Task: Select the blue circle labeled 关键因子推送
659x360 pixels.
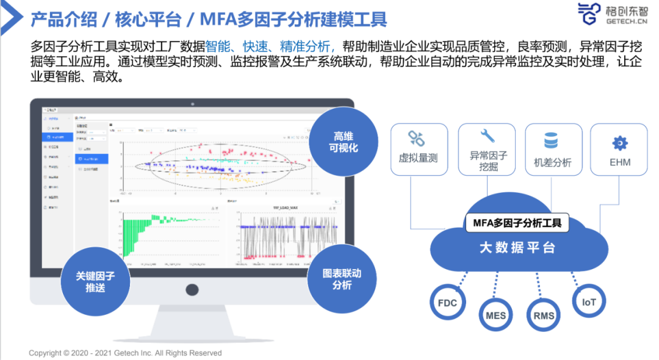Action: click(95, 281)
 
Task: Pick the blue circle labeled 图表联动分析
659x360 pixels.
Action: click(341, 279)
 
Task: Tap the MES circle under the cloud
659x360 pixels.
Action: click(495, 316)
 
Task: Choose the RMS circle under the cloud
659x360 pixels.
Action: click(544, 316)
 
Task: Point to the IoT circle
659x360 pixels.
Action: click(589, 301)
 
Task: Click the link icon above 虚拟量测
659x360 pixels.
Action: click(417, 139)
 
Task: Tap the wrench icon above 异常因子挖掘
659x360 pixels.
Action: click(488, 135)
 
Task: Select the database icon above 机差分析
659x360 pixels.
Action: click(551, 142)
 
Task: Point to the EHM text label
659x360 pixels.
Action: click(619, 163)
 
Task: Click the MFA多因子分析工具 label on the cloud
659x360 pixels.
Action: click(517, 223)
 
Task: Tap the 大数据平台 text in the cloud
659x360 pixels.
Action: click(517, 248)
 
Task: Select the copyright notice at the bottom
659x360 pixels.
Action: click(125, 353)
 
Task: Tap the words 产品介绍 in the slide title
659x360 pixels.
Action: click(63, 20)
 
